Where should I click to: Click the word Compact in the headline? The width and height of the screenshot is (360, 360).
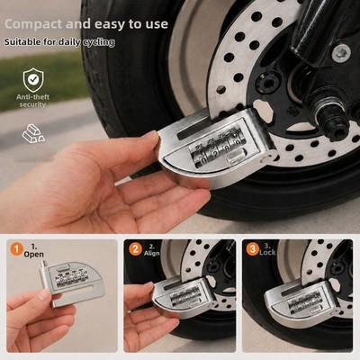click(34, 24)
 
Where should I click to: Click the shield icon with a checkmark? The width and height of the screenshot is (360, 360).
click(33, 80)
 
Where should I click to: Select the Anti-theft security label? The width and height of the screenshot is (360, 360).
click(32, 101)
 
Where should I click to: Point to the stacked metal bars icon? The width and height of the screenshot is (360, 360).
click(33, 133)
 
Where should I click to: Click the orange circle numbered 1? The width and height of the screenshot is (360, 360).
click(17, 249)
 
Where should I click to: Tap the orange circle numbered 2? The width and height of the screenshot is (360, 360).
click(135, 249)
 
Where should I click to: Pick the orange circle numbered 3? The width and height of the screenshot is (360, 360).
click(253, 249)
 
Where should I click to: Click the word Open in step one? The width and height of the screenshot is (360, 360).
click(34, 255)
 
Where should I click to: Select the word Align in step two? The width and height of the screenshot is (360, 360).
click(151, 254)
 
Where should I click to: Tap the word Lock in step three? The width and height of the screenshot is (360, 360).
click(267, 253)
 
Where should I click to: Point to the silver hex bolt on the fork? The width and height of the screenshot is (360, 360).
click(341, 53)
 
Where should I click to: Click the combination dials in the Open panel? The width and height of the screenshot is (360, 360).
click(72, 280)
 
